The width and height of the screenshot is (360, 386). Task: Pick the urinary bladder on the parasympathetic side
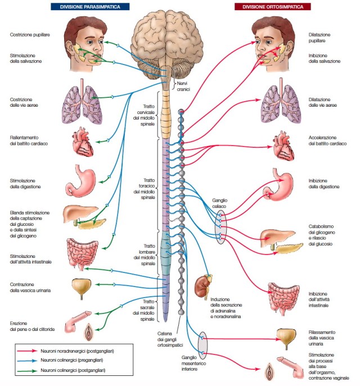point(82,286)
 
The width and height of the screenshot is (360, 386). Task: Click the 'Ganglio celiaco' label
point(219,203)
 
